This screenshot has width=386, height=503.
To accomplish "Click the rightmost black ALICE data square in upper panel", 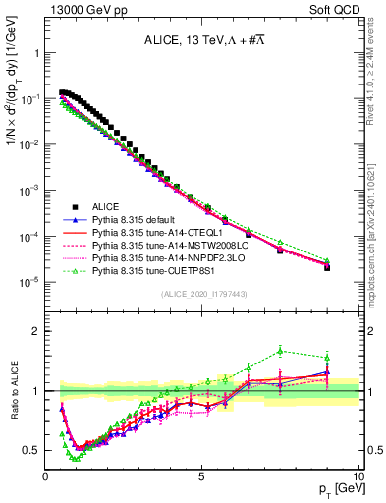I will pos(327,266).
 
